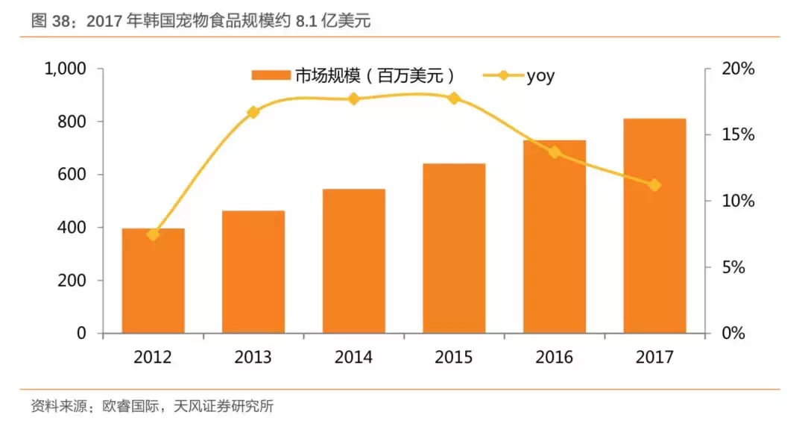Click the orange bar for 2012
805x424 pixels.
[153, 281]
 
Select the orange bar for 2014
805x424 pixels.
[354, 261]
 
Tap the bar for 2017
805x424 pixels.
[654, 225]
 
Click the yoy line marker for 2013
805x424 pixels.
[253, 112]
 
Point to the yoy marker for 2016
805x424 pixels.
[555, 152]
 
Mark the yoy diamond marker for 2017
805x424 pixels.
[654, 185]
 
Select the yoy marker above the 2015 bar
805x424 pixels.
[453, 98]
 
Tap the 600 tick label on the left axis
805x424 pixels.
[74, 175]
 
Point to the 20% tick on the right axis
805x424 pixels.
[738, 69]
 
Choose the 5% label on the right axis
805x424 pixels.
[734, 267]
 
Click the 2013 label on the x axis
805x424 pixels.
[253, 358]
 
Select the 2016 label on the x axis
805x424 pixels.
[554, 358]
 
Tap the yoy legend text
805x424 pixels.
[540, 75]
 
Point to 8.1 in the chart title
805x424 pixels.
[308, 22]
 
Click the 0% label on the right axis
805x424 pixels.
[734, 334]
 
